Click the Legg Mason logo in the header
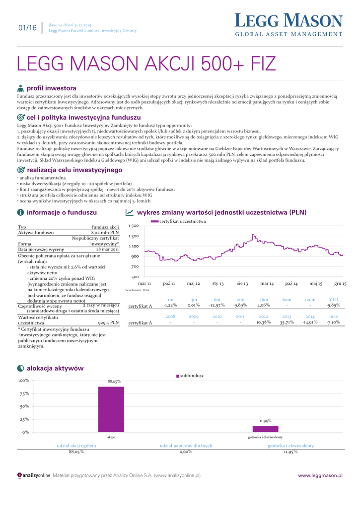coord(288,25)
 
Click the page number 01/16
coord(27,28)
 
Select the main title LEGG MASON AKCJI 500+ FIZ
coord(146,64)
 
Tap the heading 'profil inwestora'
coord(51,88)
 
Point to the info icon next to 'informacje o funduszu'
coord(20,212)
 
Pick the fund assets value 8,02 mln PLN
coord(105,232)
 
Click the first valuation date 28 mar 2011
coord(108,250)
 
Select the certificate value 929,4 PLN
coord(108,322)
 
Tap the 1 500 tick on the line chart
coord(133,226)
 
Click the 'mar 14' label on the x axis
coord(267,283)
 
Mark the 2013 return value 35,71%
coord(287,322)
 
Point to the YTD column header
coord(333,300)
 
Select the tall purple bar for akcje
coord(111,409)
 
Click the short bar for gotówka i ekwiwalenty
coord(265,429)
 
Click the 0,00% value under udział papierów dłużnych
coord(186,452)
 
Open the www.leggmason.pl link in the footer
coord(320,475)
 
